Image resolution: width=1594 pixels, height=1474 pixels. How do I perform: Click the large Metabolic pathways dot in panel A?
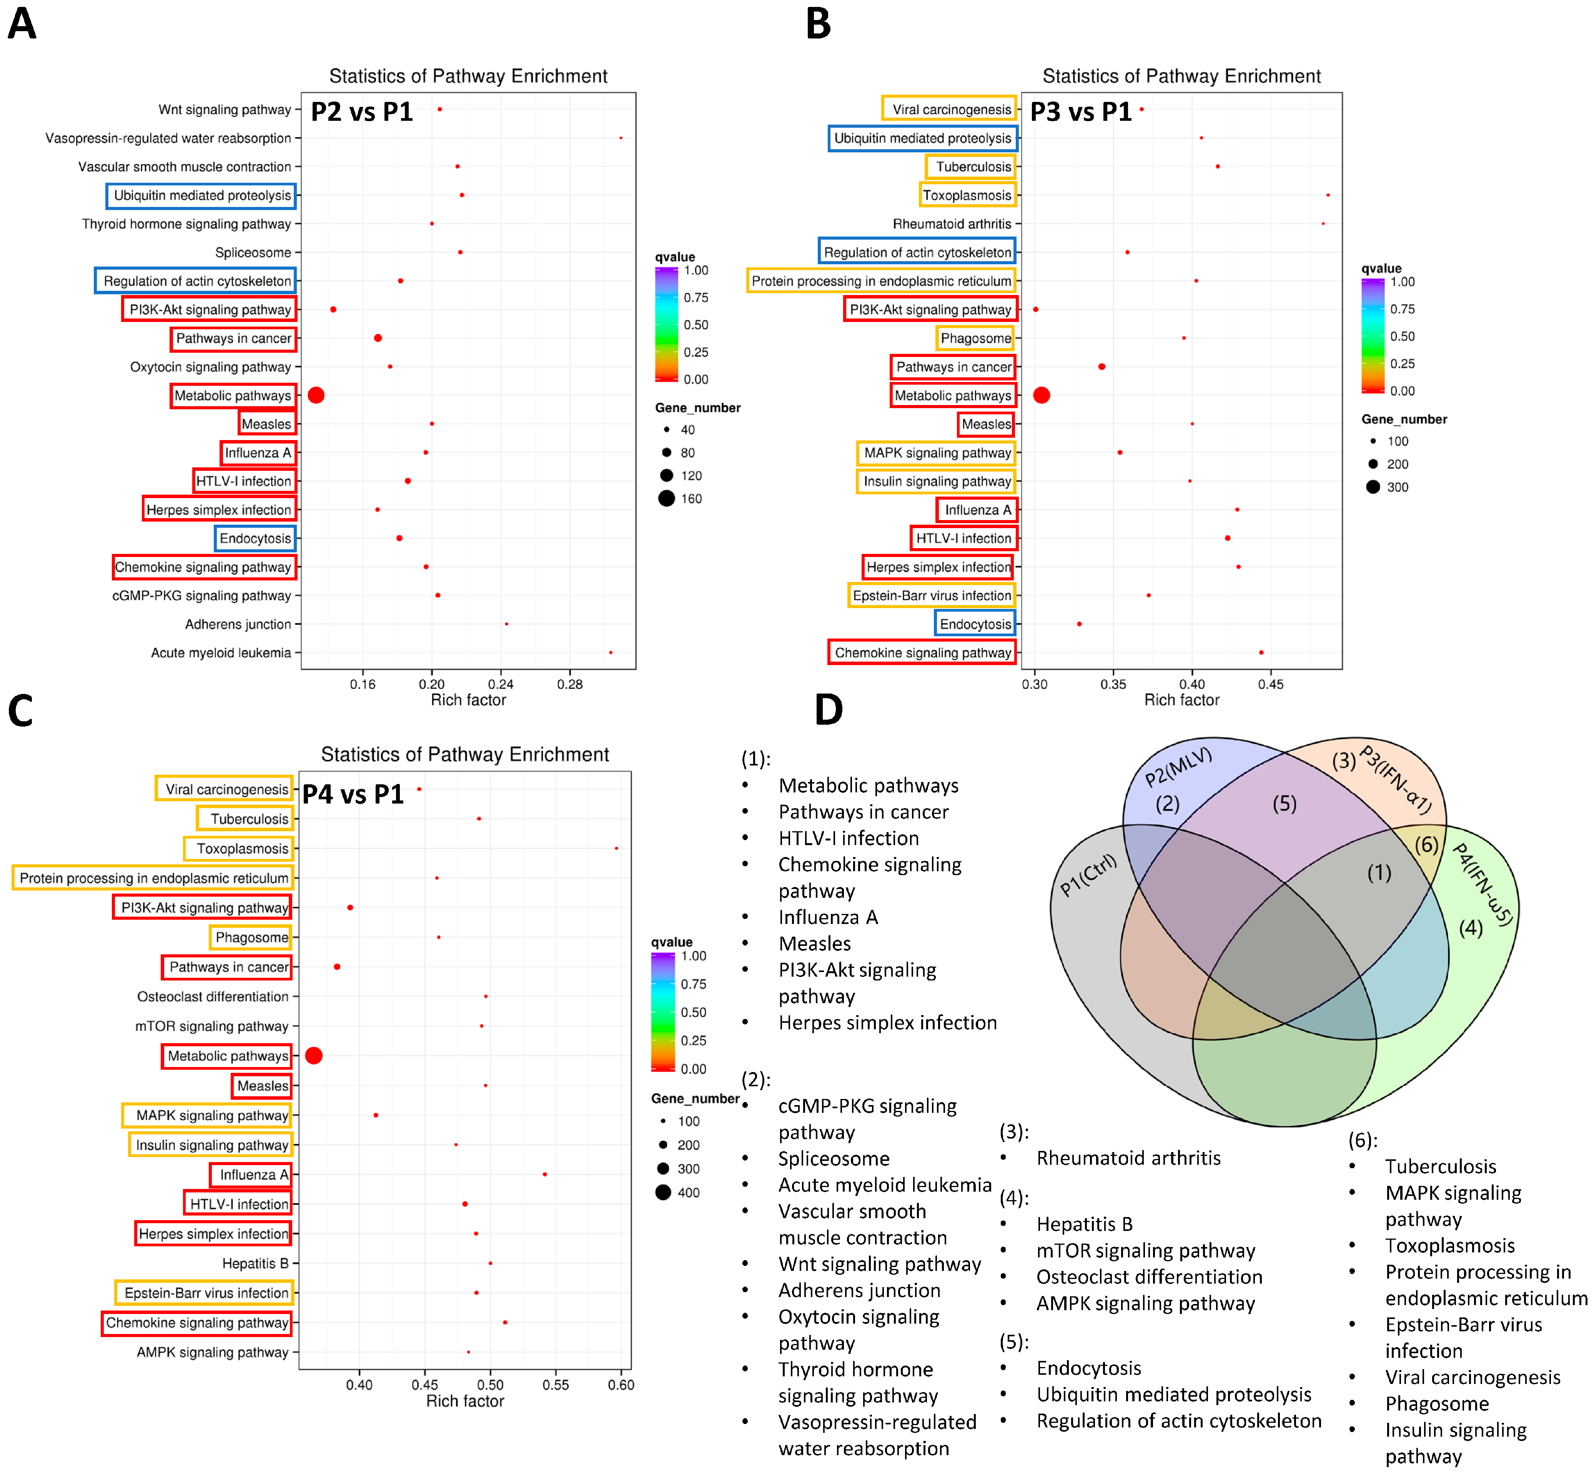[316, 395]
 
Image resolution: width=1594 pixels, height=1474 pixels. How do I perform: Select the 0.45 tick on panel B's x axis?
[1270, 684]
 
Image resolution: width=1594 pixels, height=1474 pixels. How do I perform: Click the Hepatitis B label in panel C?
[255, 1264]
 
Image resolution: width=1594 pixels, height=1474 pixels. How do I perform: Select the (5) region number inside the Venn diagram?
[1284, 803]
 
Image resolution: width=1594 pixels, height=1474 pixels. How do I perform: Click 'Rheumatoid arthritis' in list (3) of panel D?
[1128, 1157]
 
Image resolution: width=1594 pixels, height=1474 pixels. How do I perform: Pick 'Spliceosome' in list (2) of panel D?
[833, 1158]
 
